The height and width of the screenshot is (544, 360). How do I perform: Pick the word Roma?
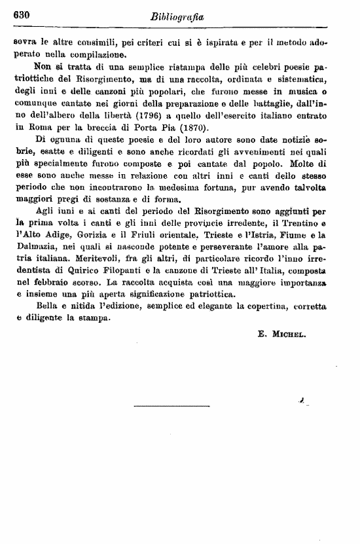pos(37,128)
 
